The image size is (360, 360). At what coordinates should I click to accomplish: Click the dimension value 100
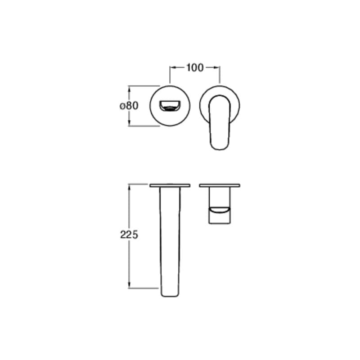click(195, 68)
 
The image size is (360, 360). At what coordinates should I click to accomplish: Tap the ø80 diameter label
click(129, 106)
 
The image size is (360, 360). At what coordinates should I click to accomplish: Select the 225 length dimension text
click(129, 234)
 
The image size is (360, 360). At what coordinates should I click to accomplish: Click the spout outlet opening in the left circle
click(170, 106)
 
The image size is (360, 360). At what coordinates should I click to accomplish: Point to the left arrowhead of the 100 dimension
click(173, 67)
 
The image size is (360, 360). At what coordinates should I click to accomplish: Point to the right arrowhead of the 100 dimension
click(217, 67)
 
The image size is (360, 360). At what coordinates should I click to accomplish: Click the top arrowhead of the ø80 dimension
click(129, 89)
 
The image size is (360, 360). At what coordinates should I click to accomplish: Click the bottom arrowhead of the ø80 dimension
click(129, 123)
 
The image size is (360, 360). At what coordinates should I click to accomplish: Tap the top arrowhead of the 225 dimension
click(129, 187)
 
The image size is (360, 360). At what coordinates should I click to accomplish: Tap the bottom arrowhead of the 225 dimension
click(129, 285)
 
